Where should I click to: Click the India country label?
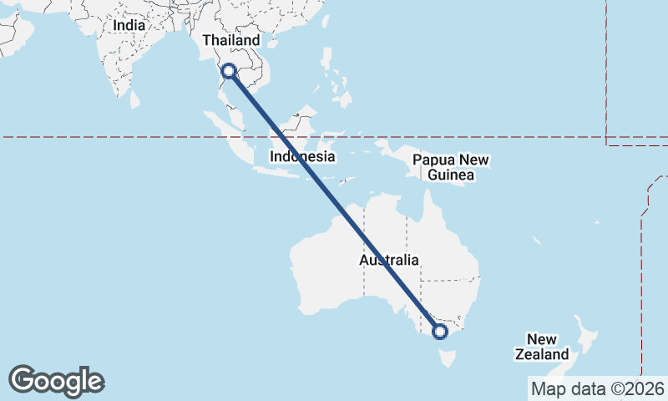click(x=129, y=25)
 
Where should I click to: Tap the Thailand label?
click(x=231, y=40)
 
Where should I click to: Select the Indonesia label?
click(x=302, y=156)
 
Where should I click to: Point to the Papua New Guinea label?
click(x=450, y=167)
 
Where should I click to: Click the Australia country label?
click(x=389, y=260)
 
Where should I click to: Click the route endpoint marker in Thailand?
click(x=230, y=72)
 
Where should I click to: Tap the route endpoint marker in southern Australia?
click(x=440, y=332)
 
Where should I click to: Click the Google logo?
click(x=56, y=381)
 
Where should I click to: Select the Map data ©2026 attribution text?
click(x=598, y=388)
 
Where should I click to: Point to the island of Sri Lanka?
click(x=134, y=99)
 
